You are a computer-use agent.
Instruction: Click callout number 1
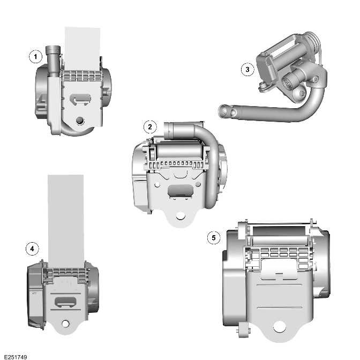tap(35, 56)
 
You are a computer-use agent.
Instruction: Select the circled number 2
tap(150, 127)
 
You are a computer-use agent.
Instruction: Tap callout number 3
tap(246, 69)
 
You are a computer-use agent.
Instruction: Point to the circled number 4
tap(33, 248)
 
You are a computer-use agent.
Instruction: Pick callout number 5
tap(214, 237)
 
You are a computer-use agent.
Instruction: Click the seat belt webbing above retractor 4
tap(65, 214)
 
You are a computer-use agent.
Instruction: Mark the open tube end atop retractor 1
tap(52, 50)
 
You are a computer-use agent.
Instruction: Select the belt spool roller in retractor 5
tap(279, 232)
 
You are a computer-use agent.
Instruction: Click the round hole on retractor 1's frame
tap(80, 119)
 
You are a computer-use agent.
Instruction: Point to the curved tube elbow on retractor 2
tap(212, 140)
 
